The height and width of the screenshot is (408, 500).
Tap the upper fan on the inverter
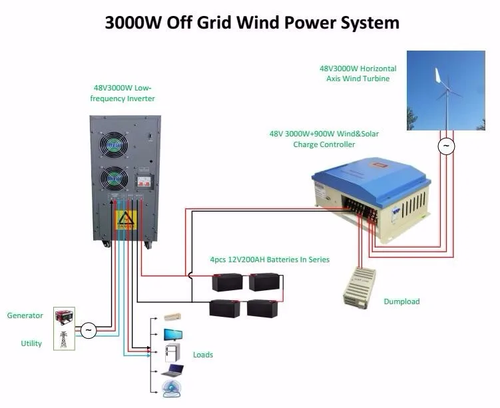(x=116, y=142)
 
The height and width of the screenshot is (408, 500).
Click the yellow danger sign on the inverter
(x=126, y=220)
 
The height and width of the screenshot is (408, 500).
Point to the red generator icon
(x=65, y=315)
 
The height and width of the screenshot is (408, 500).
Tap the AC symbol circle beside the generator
(x=87, y=329)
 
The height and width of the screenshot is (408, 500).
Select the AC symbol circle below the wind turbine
(x=445, y=146)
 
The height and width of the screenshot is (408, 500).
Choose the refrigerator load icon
(x=170, y=352)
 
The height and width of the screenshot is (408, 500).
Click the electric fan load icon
(x=172, y=389)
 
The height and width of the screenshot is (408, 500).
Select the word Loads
(x=203, y=355)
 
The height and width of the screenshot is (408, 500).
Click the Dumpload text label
(x=401, y=302)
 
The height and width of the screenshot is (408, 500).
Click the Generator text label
(x=25, y=315)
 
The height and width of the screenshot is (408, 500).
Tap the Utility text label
(x=31, y=343)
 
